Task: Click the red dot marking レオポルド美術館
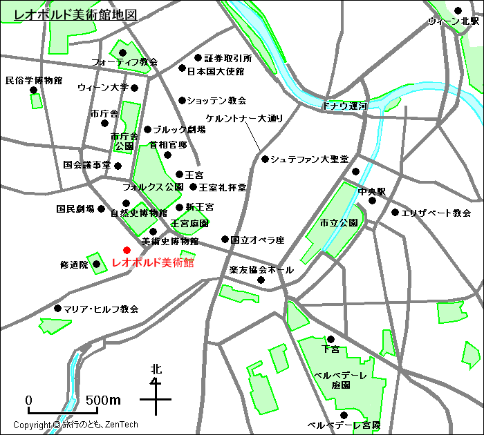(127, 250)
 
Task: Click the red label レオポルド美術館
(152, 263)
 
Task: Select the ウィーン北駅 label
(454, 22)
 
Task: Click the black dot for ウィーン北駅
(458, 10)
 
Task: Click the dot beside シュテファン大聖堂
(265, 159)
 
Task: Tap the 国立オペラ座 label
(257, 240)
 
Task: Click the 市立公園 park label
(339, 224)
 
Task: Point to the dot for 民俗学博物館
(32, 90)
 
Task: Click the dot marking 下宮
(331, 339)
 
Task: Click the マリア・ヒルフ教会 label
(100, 309)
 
